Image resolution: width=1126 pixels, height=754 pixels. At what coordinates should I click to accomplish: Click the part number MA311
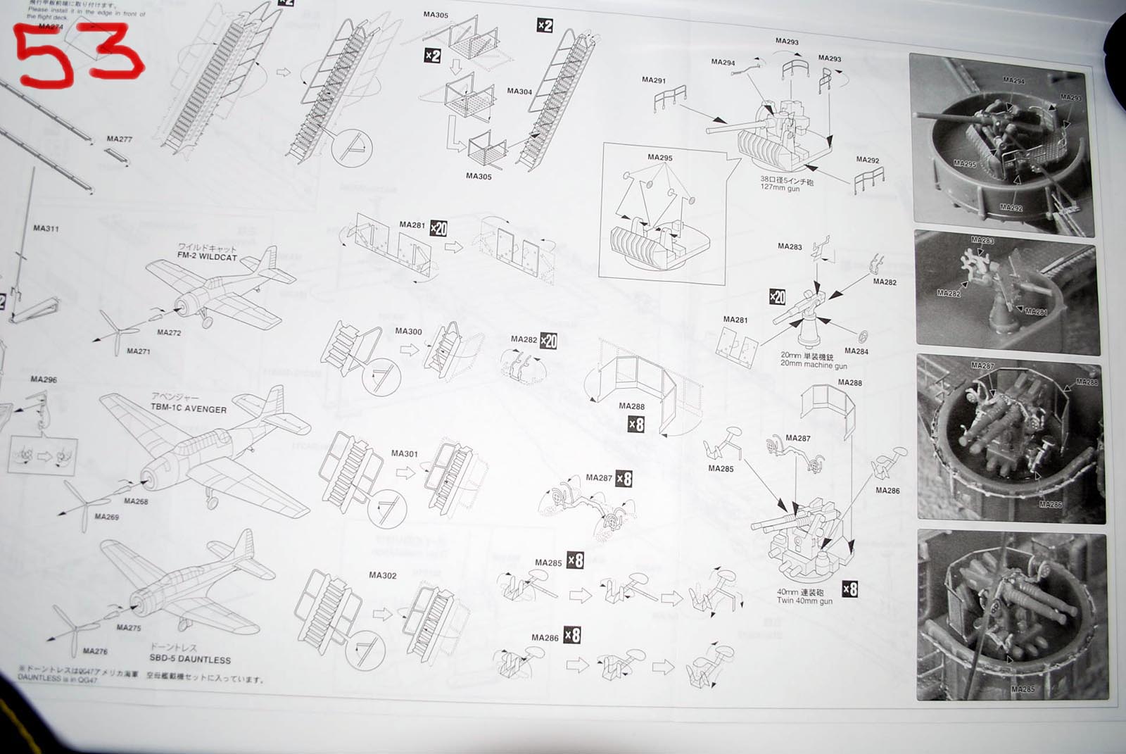point(46,228)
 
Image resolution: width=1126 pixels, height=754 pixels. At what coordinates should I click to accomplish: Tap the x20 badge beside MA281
point(438,229)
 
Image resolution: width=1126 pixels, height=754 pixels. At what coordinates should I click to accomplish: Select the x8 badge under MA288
point(636,425)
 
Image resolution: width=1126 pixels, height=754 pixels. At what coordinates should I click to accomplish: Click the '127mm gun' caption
point(780,189)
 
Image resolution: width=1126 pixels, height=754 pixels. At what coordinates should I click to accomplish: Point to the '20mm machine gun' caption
point(813,365)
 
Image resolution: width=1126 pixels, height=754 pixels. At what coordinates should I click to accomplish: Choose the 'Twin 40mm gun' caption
point(804,601)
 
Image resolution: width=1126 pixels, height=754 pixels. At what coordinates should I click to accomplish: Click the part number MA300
point(408,331)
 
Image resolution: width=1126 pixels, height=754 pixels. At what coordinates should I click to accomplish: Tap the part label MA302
point(382,575)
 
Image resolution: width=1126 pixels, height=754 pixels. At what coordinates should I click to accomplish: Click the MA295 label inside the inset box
point(659,158)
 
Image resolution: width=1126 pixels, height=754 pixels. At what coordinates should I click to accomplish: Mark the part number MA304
point(519,92)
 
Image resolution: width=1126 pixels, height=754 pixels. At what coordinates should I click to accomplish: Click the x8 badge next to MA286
point(573,635)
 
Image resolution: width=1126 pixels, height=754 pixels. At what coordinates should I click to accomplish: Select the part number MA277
point(119,139)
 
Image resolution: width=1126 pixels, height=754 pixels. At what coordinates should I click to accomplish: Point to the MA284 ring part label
point(856,351)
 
